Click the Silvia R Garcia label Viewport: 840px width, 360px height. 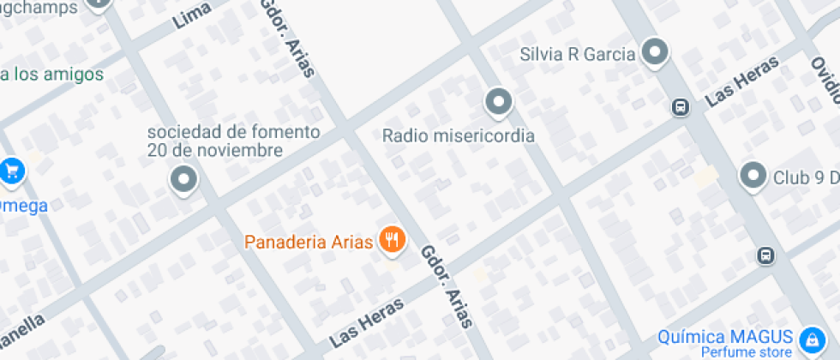click(578, 55)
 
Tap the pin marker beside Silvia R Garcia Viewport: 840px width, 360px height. click(656, 52)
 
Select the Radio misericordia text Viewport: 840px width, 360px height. click(458, 135)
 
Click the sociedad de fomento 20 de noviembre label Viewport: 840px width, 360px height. click(234, 141)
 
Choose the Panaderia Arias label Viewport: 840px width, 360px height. click(309, 241)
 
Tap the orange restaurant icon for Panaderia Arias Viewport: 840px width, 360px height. click(393, 240)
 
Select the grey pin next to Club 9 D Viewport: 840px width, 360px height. click(753, 175)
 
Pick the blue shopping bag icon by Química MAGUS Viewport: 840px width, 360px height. click(808, 340)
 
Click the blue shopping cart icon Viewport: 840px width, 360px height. click(12, 171)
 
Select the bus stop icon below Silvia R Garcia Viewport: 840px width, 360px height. click(680, 107)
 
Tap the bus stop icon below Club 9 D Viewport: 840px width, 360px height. click(765, 255)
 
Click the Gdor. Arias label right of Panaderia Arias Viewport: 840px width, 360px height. click(446, 287)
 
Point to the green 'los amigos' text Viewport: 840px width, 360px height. click(53, 74)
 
